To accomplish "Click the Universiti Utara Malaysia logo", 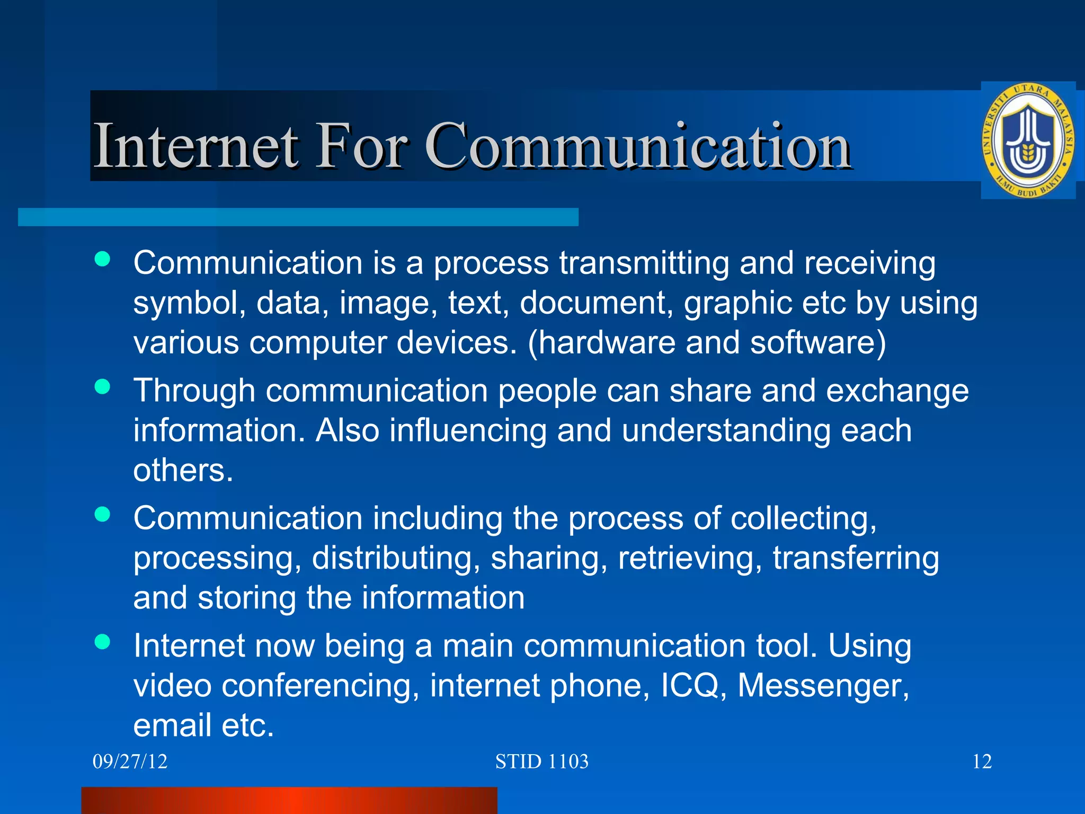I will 1028,140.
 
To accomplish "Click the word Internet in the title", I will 195,145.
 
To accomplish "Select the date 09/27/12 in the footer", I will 130,762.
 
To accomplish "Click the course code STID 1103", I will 541,762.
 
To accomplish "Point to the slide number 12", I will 982,762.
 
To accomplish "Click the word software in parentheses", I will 812,342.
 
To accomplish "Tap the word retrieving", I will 690,558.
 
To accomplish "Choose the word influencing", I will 468,430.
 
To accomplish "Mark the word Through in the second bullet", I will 194,391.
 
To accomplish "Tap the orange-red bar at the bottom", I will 289,800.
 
